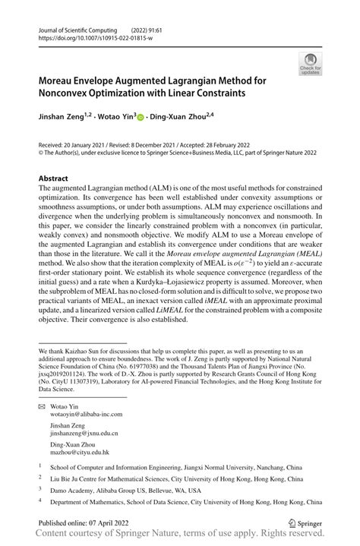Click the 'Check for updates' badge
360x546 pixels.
click(x=310, y=63)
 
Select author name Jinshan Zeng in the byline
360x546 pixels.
click(x=61, y=118)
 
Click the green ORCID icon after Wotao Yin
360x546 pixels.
click(x=141, y=118)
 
